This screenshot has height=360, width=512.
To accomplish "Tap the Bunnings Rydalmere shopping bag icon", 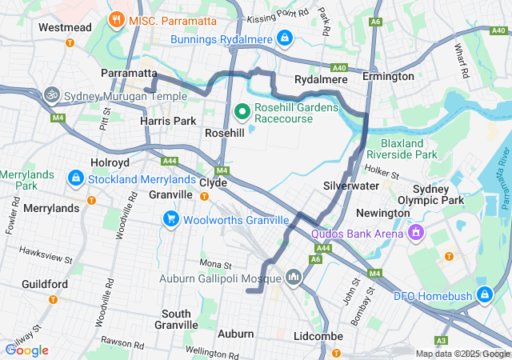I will (284, 38).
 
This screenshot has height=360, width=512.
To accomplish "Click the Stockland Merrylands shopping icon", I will (75, 178).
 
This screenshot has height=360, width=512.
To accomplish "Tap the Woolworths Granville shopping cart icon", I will (170, 218).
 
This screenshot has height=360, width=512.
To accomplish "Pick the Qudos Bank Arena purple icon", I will (415, 234).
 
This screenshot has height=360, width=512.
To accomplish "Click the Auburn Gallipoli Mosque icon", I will (293, 277).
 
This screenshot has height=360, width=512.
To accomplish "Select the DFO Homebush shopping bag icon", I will (483, 294).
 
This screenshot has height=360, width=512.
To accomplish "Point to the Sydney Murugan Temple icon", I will (53, 94).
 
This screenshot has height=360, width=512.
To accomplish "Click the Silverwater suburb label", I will (351, 185).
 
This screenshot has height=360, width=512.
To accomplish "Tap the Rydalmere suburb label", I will (320, 79).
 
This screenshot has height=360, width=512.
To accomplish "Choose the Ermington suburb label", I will (388, 76).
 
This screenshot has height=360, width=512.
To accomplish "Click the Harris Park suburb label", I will (168, 120).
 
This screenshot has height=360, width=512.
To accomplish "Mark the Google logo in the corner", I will (26, 350).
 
